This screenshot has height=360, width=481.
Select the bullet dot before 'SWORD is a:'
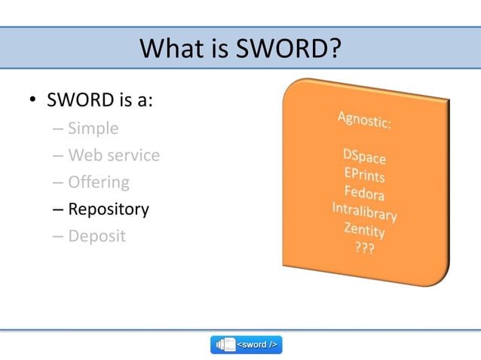33,102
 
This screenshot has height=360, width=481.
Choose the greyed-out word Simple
93,129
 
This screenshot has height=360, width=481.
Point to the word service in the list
133,156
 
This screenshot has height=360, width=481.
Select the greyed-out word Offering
99,182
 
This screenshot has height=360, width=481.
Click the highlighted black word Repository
109,209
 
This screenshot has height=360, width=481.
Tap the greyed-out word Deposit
97,236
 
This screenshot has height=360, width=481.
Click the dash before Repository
58,209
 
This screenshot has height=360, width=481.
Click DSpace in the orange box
364,157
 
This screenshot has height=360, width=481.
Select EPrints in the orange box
364,175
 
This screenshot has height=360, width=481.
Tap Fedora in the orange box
364,194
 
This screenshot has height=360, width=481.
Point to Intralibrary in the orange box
364,212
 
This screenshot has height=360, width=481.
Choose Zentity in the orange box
364,230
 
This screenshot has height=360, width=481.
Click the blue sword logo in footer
247,345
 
